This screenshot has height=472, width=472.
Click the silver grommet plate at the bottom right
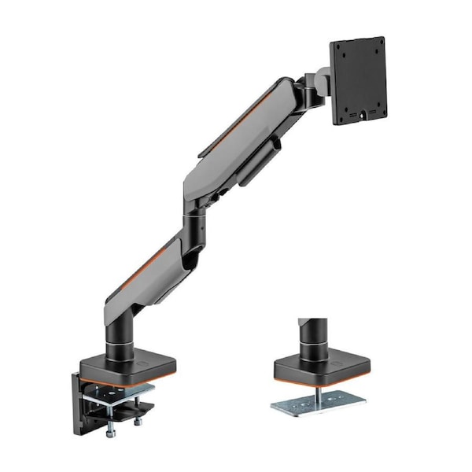(x=319, y=403)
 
